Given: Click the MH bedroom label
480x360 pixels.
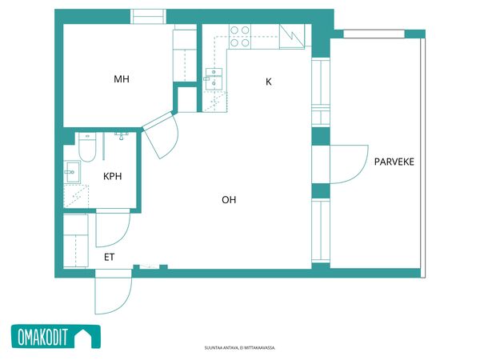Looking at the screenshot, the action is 122,79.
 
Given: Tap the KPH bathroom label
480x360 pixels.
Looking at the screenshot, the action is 112,176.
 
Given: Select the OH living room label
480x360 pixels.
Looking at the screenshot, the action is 229,200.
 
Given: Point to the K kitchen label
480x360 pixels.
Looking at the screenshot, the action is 269,82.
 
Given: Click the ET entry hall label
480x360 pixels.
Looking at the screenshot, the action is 110,257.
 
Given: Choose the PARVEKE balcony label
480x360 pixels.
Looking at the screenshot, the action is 394,162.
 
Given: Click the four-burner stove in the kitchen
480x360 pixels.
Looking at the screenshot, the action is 240,37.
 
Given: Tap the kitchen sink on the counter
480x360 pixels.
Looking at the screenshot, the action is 214,79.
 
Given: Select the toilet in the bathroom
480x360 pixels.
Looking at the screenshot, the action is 87,147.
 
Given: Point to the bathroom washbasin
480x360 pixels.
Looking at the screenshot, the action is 72,172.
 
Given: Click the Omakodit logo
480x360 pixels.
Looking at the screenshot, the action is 56,337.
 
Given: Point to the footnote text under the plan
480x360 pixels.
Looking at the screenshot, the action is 240,348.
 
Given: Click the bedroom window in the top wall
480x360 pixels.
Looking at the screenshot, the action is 149,17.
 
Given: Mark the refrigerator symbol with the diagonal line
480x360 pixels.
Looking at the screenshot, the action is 292,37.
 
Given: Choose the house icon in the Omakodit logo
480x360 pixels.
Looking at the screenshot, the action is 83,337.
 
